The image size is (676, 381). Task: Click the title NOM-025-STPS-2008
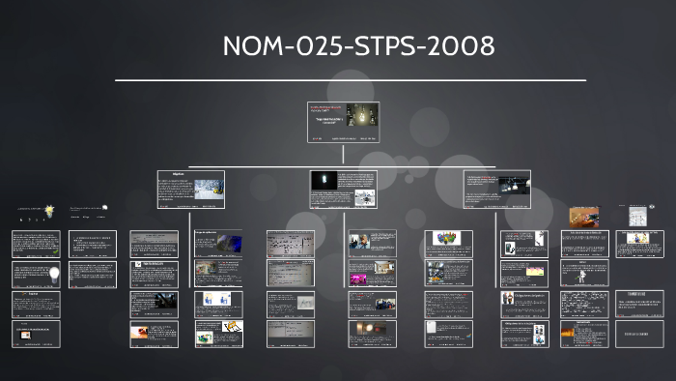point(357,45)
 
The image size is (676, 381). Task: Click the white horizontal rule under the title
point(350,80)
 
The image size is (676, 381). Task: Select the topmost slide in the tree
point(344,123)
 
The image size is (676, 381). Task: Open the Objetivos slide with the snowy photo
point(190,190)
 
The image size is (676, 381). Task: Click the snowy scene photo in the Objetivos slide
point(209,190)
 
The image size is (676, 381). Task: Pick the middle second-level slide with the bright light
point(344,190)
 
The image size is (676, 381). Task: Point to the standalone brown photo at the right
point(583,217)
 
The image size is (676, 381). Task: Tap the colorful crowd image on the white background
point(445,238)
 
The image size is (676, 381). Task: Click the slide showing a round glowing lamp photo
point(372,334)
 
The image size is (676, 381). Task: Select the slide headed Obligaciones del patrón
point(524,304)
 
